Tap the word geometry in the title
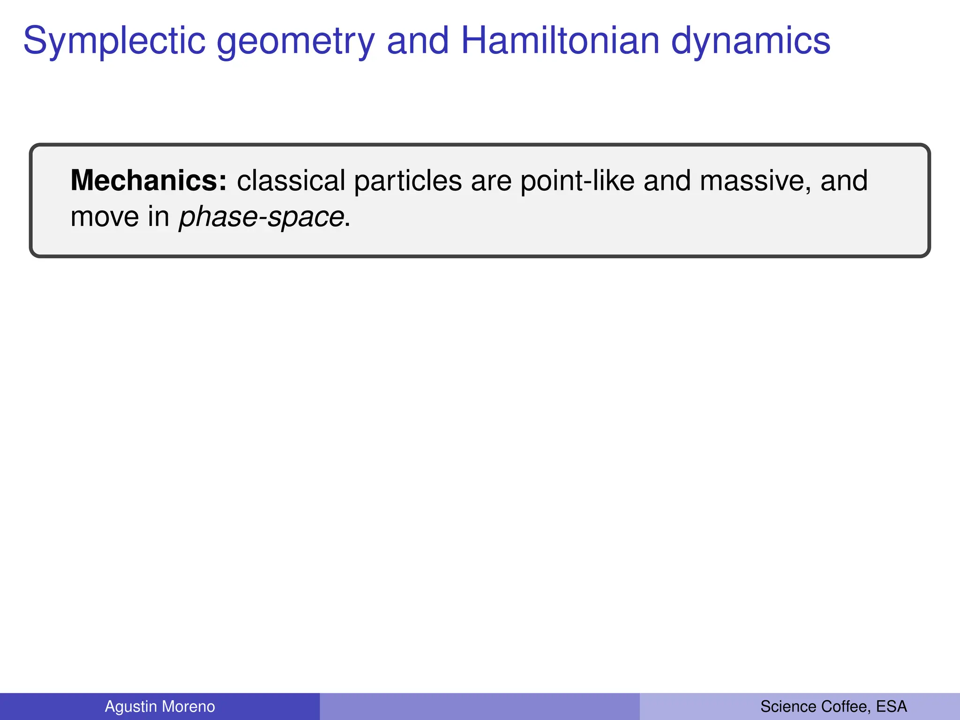pyautogui.click(x=295, y=41)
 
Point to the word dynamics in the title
pyautogui.click(x=750, y=41)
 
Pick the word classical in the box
pyautogui.click(x=291, y=180)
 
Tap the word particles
pyautogui.click(x=407, y=181)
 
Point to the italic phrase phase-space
pyautogui.click(x=262, y=217)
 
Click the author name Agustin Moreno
pyautogui.click(x=160, y=706)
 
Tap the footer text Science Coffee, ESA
pyautogui.click(x=833, y=706)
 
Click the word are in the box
pyautogui.click(x=491, y=181)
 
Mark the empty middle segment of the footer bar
pyautogui.click(x=480, y=706)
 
